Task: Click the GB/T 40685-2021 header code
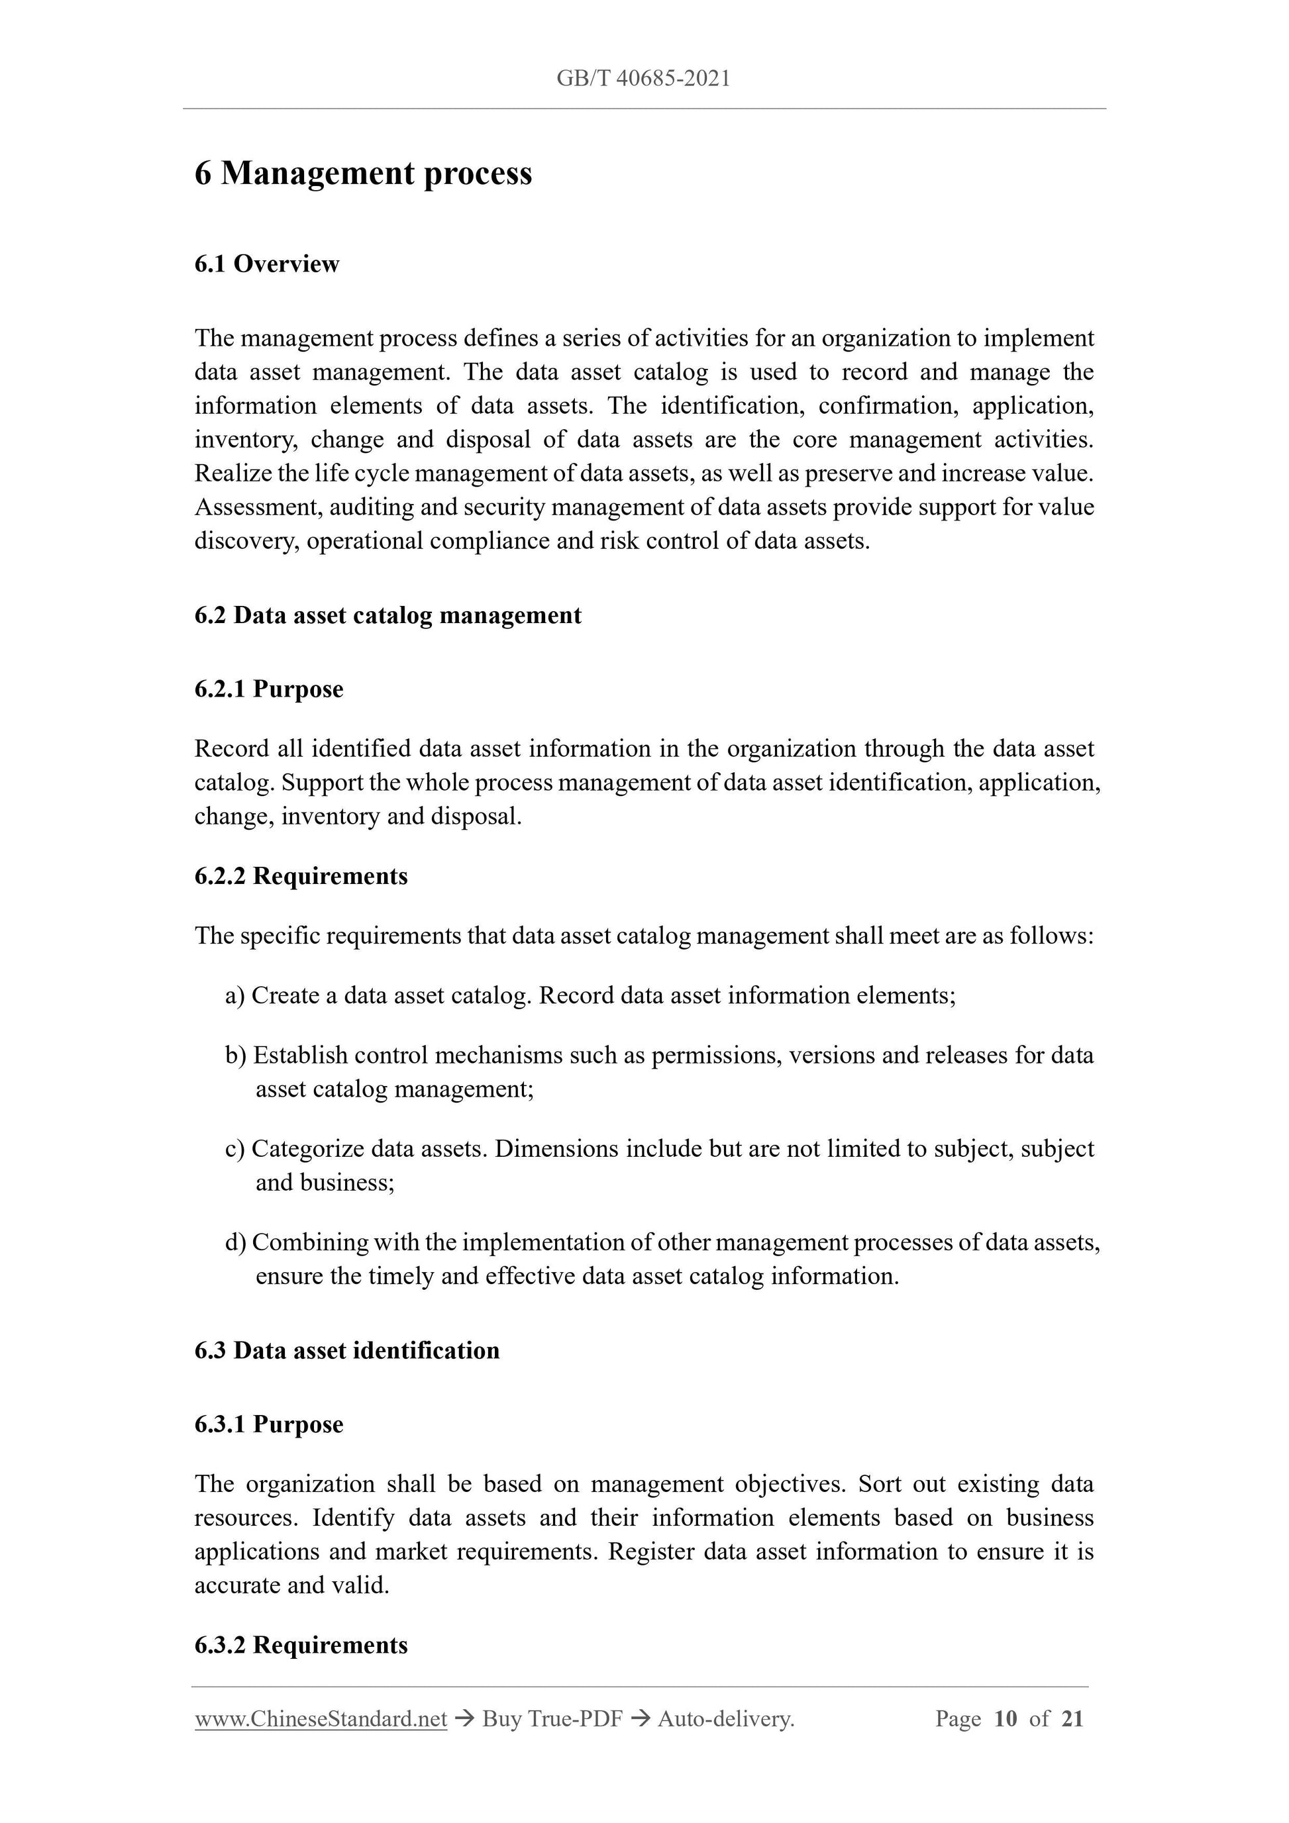[x=643, y=79]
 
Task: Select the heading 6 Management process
[x=363, y=174]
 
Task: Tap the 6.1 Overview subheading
[x=267, y=264]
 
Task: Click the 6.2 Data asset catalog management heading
[x=387, y=615]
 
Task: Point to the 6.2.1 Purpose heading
[x=268, y=689]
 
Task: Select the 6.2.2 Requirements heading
[x=301, y=876]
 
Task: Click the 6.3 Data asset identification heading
[x=347, y=1351]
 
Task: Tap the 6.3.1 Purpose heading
[x=268, y=1424]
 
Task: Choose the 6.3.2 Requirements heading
[x=301, y=1644]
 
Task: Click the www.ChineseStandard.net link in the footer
[x=321, y=1719]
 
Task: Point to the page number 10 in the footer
[x=1005, y=1719]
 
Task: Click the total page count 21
[x=1072, y=1719]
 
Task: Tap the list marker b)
[x=236, y=1056]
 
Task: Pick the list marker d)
[x=236, y=1243]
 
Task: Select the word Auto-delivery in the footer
[x=725, y=1719]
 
